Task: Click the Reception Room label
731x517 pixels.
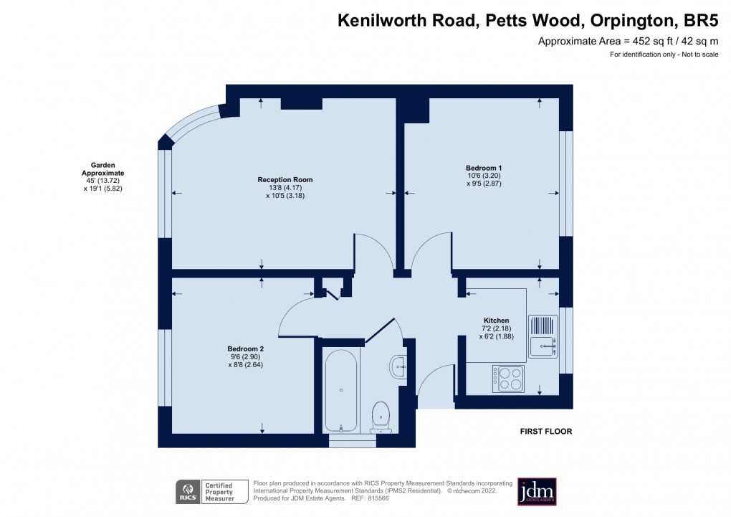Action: point(285,179)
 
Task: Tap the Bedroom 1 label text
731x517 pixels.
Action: point(484,168)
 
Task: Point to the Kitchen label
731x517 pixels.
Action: point(496,321)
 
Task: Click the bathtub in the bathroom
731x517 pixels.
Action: point(341,390)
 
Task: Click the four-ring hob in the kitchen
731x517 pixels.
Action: point(508,378)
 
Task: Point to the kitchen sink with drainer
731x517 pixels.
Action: point(543,336)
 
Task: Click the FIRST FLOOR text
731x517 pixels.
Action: point(545,432)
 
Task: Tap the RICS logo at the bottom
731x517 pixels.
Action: point(188,491)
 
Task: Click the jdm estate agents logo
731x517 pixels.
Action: point(537,491)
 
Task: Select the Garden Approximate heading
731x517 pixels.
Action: point(103,169)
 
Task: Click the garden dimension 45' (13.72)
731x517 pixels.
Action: point(103,181)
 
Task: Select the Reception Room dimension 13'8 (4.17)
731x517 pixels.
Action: point(285,187)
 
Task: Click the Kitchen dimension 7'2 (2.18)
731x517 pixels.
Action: point(496,328)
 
